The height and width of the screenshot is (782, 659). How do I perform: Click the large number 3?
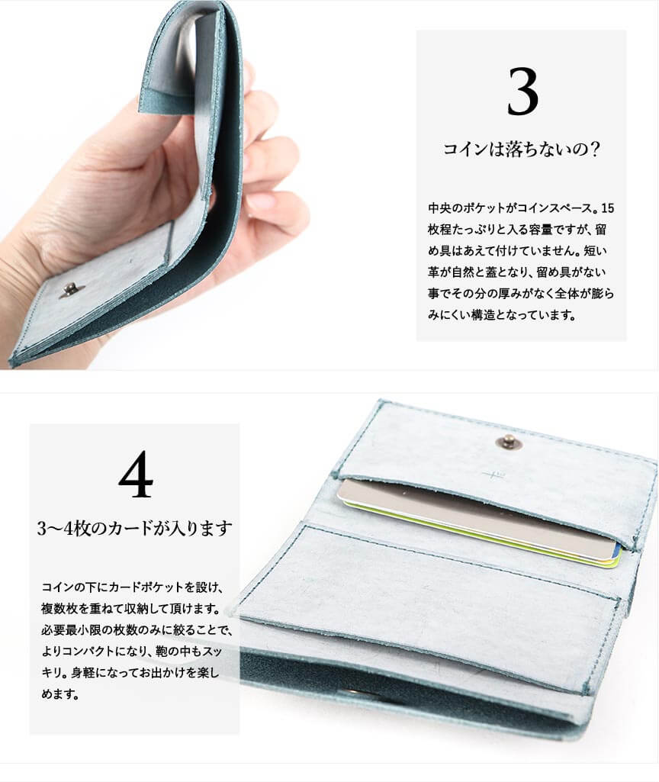pos(522,92)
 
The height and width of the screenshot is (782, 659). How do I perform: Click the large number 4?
pos(136,474)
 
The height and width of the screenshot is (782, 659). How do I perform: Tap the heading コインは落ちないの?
pos(521,149)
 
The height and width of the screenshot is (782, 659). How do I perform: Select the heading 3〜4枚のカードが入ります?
pos(134,528)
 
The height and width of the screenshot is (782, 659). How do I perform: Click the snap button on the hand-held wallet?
pos(66,290)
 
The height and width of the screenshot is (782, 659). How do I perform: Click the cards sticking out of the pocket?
pos(478,523)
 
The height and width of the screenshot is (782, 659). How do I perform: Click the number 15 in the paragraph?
pos(608,208)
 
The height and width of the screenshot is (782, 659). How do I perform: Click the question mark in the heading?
pos(593,149)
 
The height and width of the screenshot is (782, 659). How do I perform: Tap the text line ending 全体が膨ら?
pos(521,293)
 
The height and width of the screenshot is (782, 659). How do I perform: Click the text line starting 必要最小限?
pos(136,629)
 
